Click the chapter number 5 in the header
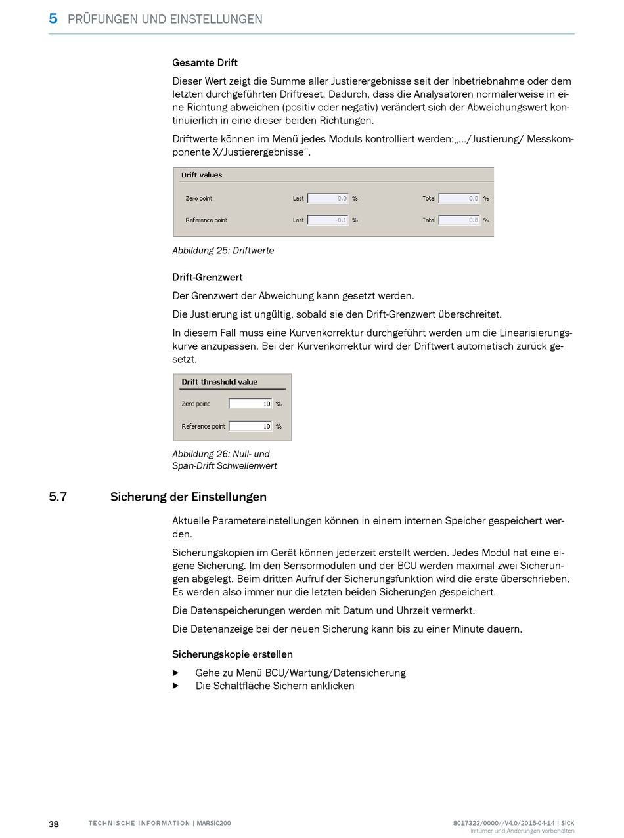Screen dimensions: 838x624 53,18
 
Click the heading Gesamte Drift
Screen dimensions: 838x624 205,63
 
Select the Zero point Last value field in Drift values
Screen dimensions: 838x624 328,198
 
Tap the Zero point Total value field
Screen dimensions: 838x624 459,198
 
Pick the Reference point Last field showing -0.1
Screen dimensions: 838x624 328,220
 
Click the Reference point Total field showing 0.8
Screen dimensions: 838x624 459,220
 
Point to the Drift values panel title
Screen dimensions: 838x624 202,175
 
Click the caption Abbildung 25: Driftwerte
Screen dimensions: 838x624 223,251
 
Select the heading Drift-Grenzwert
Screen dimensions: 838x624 208,278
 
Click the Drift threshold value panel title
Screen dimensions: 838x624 219,382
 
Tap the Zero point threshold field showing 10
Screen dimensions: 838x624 250,404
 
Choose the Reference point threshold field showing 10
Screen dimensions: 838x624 250,426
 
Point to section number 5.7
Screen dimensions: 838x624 58,497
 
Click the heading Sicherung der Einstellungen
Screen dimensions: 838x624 189,497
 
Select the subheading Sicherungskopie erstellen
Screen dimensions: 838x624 233,654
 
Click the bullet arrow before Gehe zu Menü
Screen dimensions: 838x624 175,673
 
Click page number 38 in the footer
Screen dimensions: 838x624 54,824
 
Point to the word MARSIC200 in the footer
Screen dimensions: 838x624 213,824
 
